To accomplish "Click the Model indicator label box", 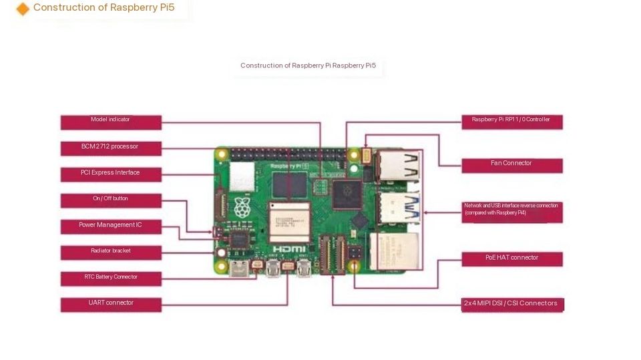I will [x=111, y=122].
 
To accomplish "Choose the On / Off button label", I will [x=111, y=200].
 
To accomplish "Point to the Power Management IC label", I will [x=111, y=226].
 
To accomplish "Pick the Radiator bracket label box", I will [x=111, y=252].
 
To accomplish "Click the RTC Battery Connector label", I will [x=111, y=279].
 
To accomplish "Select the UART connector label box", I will [x=111, y=305].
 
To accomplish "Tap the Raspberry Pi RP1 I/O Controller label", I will [x=511, y=122].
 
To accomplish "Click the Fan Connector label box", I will [x=511, y=165].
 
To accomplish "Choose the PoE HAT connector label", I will [x=511, y=258].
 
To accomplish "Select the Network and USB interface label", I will [x=511, y=212].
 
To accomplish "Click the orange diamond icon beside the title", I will [x=23, y=9].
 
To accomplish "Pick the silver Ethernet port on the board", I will [x=394, y=250].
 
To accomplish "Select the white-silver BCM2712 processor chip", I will [x=290, y=220].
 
